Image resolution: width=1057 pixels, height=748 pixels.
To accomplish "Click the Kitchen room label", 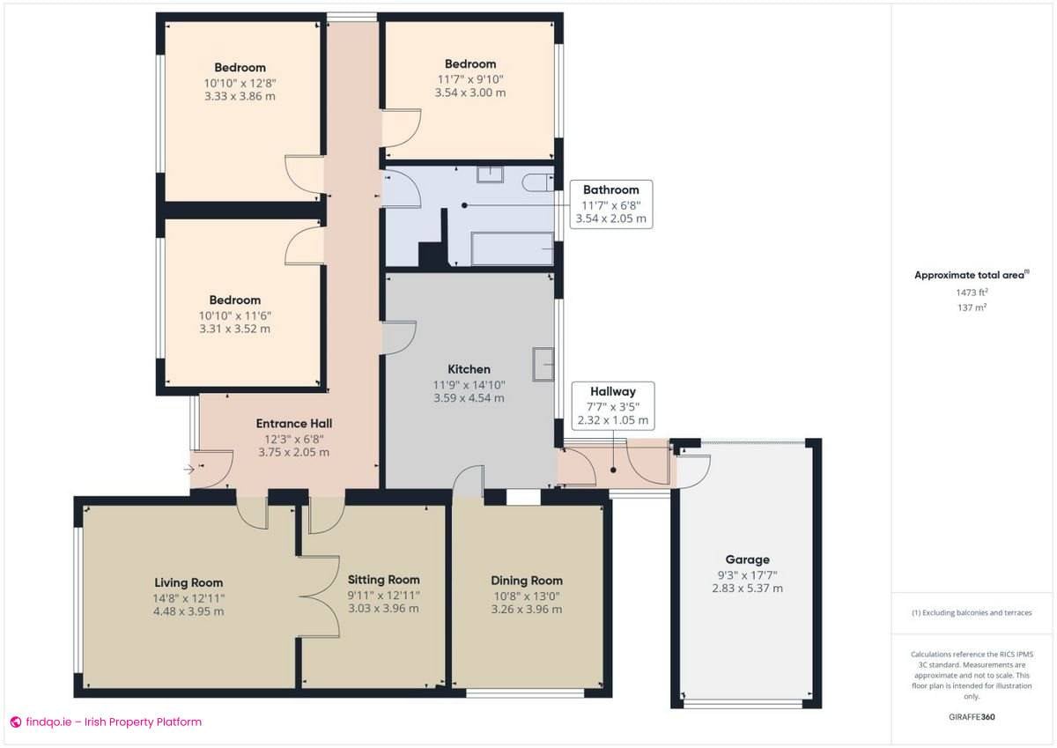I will coord(469,369).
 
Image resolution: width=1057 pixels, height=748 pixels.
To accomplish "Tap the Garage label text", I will coord(747,559).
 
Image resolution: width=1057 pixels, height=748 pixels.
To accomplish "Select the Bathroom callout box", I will coord(610,204).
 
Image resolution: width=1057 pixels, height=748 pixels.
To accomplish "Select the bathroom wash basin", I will coord(490,174).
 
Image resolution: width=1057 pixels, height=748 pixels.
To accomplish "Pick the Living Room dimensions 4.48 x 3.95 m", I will coord(188,611).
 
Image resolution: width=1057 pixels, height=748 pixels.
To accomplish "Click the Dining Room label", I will coord(527,581).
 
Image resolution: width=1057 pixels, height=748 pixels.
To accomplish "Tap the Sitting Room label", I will coord(383,580).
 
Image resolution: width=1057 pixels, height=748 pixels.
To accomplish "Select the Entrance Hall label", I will coord(293,423).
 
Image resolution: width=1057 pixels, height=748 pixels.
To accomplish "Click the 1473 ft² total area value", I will coord(972,292).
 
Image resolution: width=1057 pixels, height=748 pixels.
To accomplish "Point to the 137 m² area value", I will coord(972,307).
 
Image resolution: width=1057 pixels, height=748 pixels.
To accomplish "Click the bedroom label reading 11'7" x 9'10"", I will coord(469,79).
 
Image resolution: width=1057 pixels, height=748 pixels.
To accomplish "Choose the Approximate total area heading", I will coord(970,275).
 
